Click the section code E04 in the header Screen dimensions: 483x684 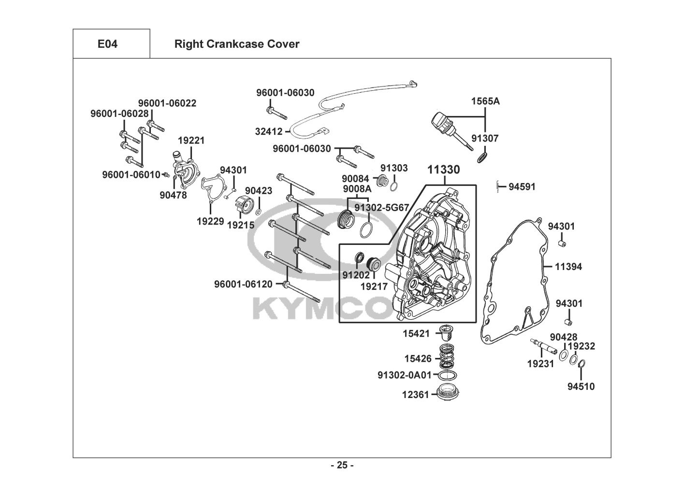click(107, 44)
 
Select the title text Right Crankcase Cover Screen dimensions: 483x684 click(236, 44)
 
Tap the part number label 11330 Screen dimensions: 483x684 click(443, 170)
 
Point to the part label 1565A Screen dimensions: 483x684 click(485, 101)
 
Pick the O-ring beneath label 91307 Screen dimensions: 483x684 click(481, 157)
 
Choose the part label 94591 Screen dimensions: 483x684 click(522, 186)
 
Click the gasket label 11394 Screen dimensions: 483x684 click(568, 267)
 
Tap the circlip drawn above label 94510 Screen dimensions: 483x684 click(582, 364)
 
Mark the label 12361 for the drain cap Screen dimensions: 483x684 click(415, 395)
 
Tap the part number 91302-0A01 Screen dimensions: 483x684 click(404, 375)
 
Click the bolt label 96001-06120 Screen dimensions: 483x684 click(243, 284)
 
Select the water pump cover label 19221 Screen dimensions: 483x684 click(191, 141)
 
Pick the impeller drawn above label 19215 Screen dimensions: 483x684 click(244, 206)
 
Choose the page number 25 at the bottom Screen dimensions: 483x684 click(342, 465)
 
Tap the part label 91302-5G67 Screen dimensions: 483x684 click(381, 207)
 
